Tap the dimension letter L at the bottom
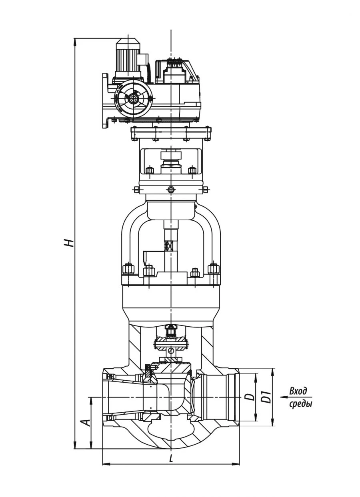(171, 459)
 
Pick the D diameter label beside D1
(250, 397)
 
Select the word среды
(300, 404)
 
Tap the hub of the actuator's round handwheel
(133, 98)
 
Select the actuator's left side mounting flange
(106, 101)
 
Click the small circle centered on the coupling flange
(171, 190)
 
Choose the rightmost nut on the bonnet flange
(214, 268)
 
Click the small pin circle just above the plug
(171, 351)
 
